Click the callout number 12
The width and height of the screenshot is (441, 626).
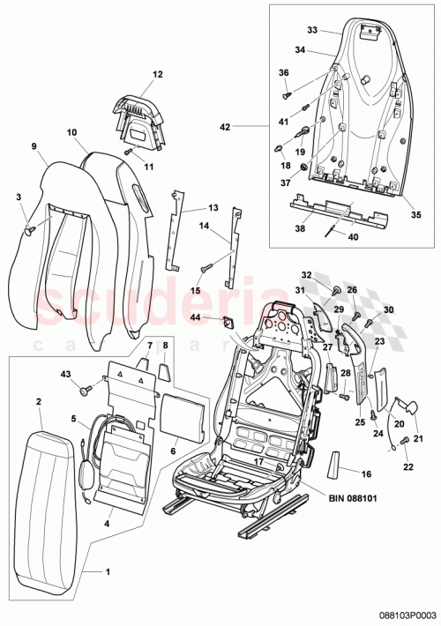tap(158, 76)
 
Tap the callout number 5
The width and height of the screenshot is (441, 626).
tap(74, 419)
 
